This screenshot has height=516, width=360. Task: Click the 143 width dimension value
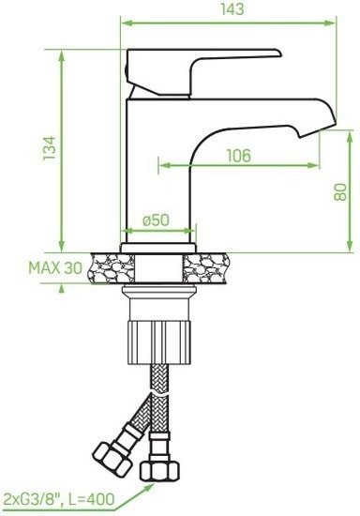[x=232, y=9]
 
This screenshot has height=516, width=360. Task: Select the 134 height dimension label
[x=50, y=148]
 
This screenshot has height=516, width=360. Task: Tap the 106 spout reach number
[x=239, y=156]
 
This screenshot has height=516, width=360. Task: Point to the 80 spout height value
[x=340, y=191]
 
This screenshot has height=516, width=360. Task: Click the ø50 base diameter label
[x=157, y=220]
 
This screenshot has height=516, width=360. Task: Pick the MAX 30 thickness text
[x=55, y=268]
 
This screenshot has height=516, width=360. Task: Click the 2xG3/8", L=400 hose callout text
[x=58, y=499]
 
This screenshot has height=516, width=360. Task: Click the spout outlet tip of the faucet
[x=317, y=130]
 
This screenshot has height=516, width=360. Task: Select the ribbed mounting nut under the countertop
[x=158, y=342]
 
